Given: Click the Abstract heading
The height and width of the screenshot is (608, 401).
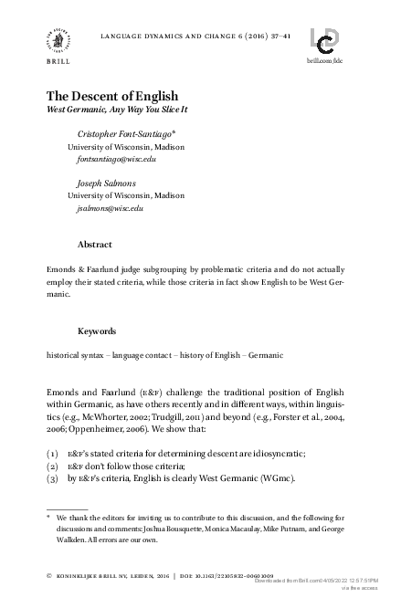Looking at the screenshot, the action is pyautogui.click(x=94, y=245).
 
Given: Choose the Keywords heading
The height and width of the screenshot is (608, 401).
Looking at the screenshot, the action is pyautogui.click(x=98, y=330).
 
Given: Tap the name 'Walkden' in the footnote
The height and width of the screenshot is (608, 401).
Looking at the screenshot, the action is pyautogui.click(x=74, y=540).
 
